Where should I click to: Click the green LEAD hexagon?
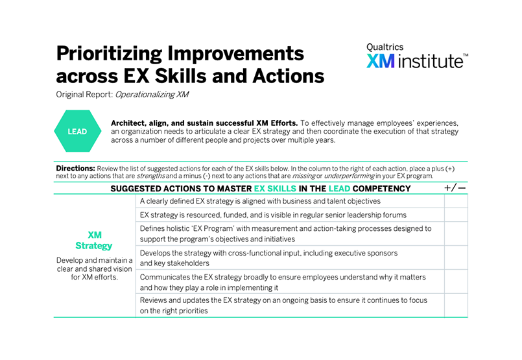78,131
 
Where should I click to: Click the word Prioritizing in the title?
109,54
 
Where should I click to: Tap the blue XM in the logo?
381,61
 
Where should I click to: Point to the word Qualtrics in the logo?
385,47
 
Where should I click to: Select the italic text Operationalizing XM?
152,95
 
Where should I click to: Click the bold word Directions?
76,168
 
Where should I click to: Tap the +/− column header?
455,188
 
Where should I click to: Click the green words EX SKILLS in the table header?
275,189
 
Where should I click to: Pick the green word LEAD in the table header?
339,189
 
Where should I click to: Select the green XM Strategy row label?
94,241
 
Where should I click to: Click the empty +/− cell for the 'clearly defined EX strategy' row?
456,201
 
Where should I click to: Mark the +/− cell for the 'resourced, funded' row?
456,215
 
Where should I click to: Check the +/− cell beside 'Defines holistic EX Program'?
456,234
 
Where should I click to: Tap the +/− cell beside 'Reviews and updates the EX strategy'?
456,306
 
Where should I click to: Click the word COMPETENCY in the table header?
381,189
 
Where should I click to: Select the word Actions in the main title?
289,76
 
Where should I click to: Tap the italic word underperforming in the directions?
350,176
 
